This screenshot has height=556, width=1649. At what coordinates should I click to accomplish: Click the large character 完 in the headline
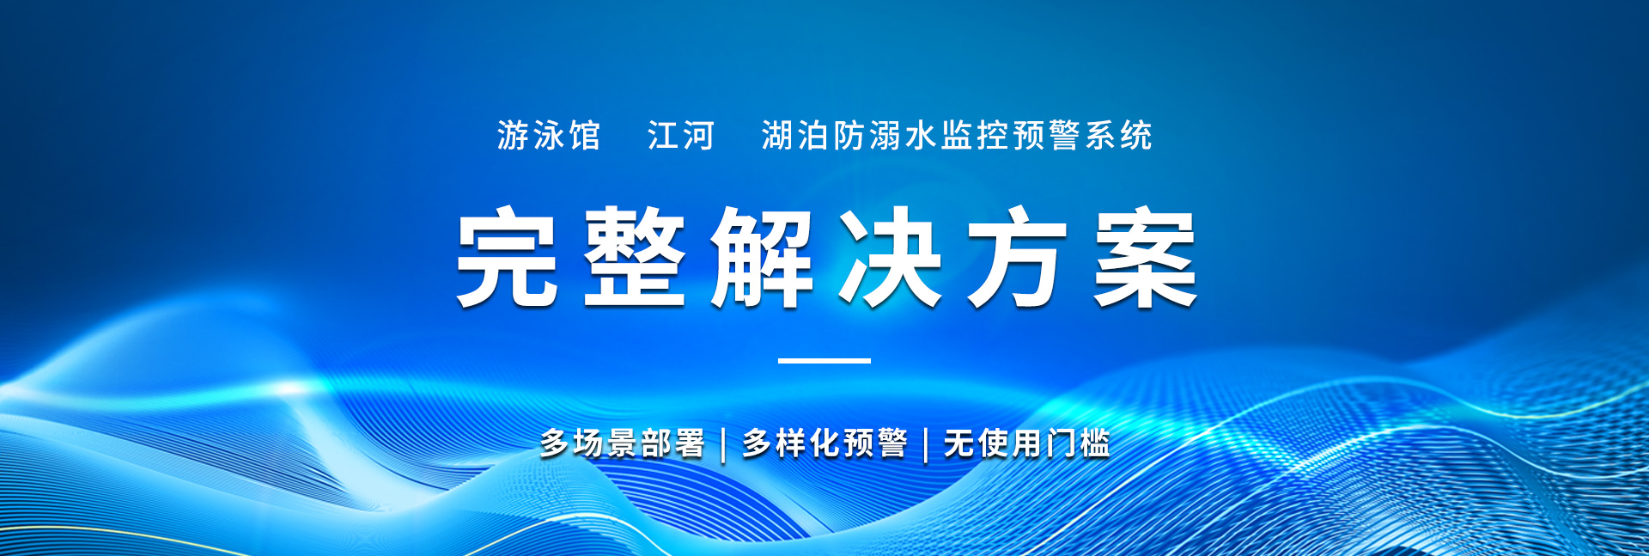[507, 256]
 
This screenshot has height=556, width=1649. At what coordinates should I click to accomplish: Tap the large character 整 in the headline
[635, 256]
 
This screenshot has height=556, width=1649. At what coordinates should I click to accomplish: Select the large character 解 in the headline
[762, 256]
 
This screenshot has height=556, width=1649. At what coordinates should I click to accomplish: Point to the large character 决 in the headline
[890, 256]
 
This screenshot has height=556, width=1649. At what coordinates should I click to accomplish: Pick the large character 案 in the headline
[1146, 256]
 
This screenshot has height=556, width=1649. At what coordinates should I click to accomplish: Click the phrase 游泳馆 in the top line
[549, 136]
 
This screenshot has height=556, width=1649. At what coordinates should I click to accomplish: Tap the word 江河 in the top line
[681, 136]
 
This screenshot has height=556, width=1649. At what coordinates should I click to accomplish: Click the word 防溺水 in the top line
[885, 136]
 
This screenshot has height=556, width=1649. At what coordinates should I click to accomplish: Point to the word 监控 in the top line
[975, 136]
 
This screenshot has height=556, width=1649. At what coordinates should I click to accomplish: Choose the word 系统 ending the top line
[1118, 136]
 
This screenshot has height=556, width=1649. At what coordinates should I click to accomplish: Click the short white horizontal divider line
[824, 361]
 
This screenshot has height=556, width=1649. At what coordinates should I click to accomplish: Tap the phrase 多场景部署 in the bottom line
[623, 443]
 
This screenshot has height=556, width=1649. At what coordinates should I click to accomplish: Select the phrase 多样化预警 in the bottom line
[824, 443]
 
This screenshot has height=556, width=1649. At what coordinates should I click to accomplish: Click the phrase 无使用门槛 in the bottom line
[1027, 443]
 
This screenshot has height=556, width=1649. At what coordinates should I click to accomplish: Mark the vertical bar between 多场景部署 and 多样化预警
[723, 444]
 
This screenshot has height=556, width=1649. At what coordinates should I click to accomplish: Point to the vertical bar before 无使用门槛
[926, 444]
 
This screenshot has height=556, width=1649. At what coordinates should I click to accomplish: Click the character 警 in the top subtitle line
[1064, 136]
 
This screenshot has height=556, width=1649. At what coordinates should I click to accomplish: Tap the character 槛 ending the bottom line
[1095, 443]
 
